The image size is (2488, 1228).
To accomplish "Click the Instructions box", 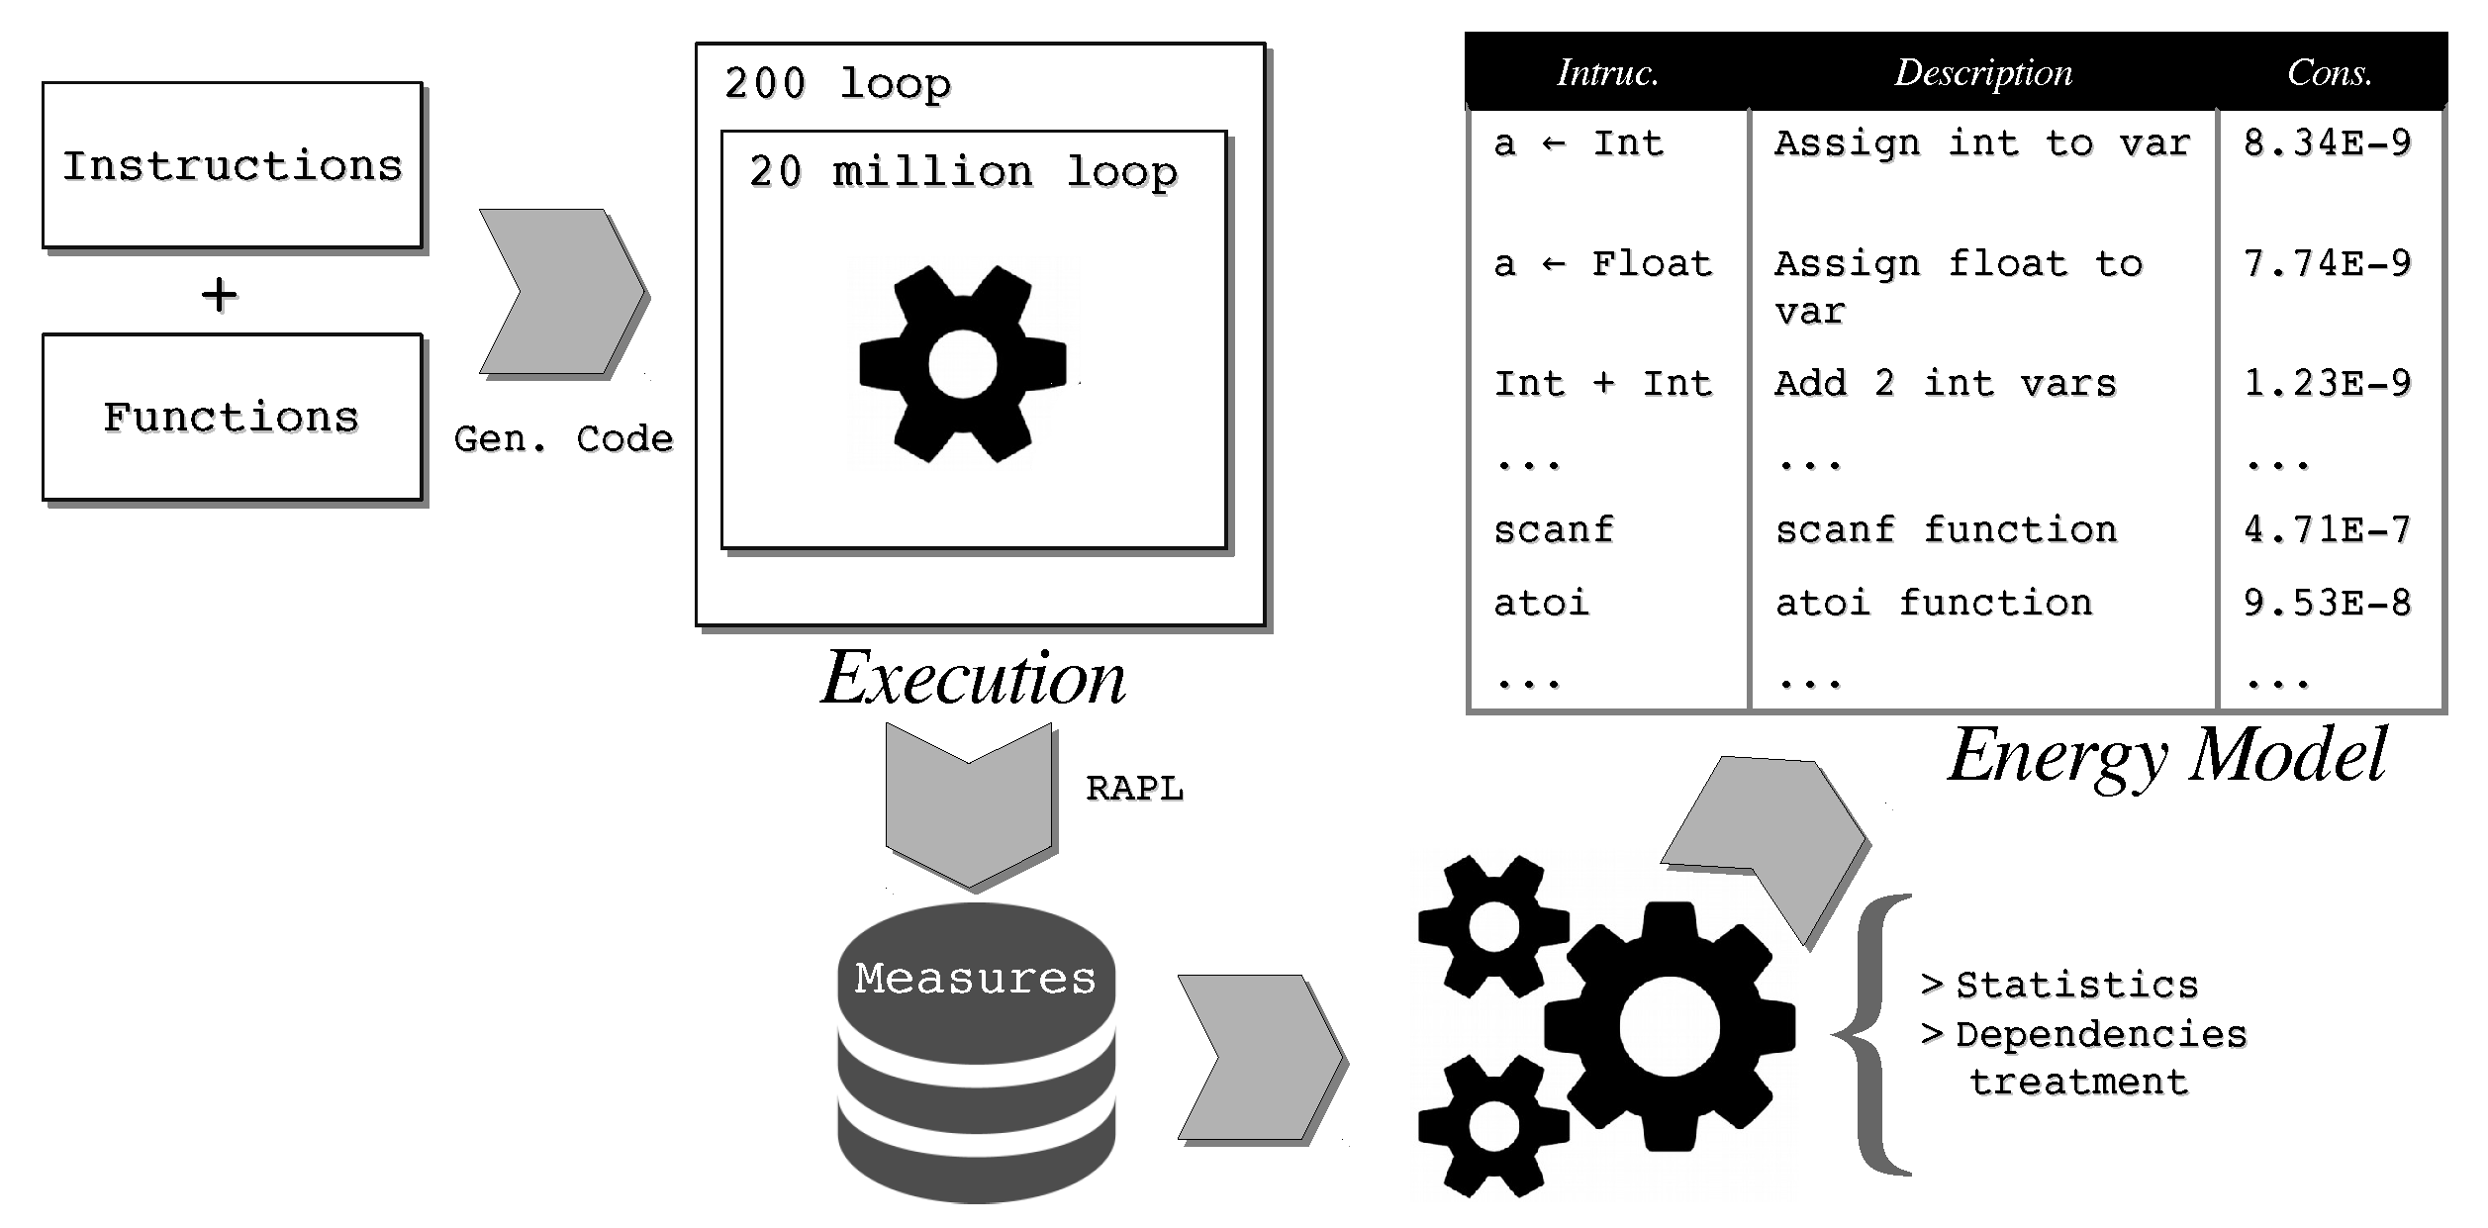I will click(x=233, y=165).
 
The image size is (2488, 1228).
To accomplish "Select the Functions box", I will click(x=233, y=417).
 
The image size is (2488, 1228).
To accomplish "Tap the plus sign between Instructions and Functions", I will click(x=219, y=295).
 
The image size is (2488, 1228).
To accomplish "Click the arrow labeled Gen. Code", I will click(x=560, y=291).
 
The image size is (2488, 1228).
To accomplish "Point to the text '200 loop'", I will click(x=837, y=83).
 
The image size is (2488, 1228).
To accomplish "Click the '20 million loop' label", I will click(x=963, y=172).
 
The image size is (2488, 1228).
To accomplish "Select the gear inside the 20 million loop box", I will click(x=963, y=364).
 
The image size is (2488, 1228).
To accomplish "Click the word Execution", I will click(x=973, y=679).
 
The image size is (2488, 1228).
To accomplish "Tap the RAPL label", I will click(x=1134, y=789).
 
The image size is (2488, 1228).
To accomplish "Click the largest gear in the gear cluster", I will click(x=1670, y=1026).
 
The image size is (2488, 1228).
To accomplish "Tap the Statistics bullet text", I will click(x=2075, y=986).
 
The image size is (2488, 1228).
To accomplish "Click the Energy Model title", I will click(x=2166, y=755).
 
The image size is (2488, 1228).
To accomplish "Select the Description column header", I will click(x=1983, y=72).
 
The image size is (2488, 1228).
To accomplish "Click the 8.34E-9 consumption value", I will click(x=2327, y=143).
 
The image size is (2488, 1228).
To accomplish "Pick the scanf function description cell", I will click(x=1946, y=529).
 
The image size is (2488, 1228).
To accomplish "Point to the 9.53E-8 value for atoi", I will click(x=2327, y=603).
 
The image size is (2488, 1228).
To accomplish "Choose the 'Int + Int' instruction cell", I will click(x=1603, y=383).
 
